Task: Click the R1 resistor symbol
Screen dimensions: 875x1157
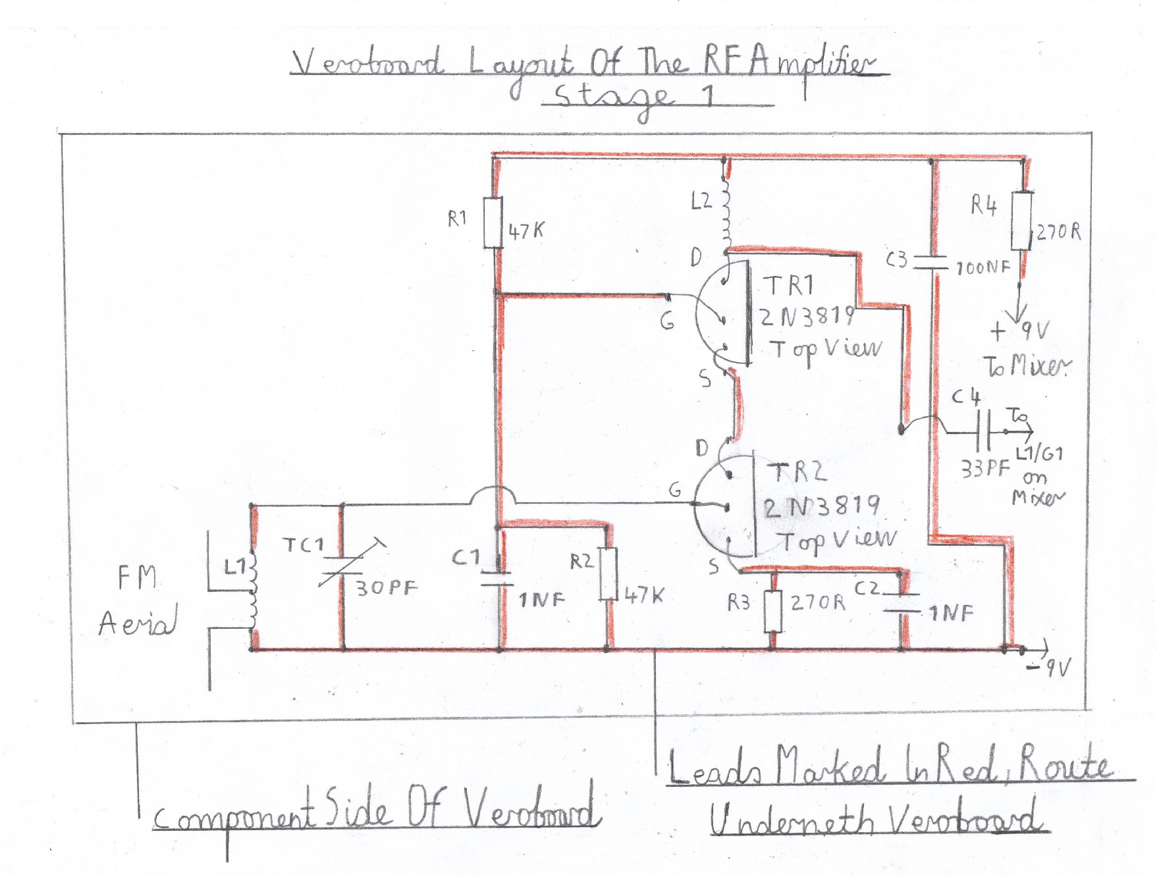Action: coord(493,223)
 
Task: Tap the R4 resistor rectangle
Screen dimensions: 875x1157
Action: coord(1021,221)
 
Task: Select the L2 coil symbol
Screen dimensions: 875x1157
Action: coord(726,209)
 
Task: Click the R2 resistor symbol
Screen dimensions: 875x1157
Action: coord(608,573)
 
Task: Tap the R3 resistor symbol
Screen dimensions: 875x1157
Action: coord(773,611)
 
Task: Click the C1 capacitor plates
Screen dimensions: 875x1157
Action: coord(497,578)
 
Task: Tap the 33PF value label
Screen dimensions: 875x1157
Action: coord(985,469)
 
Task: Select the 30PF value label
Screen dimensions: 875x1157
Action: coord(387,587)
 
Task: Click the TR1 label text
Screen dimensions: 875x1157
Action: coord(788,286)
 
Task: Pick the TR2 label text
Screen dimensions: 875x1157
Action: coord(799,472)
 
